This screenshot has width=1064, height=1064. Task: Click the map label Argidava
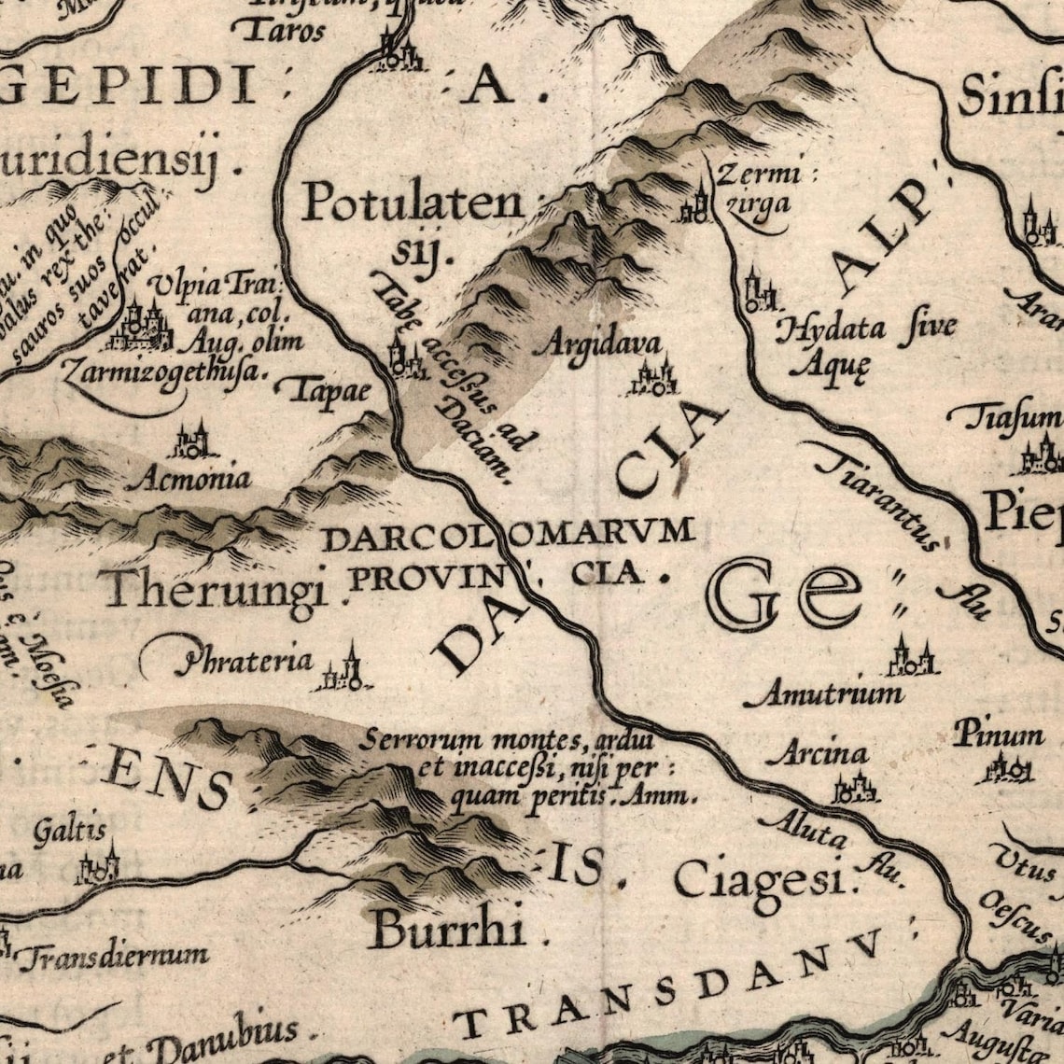[598, 343]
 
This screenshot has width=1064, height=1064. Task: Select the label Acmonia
[193, 479]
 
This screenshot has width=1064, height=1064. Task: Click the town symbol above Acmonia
[192, 441]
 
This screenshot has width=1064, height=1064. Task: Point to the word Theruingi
[217, 590]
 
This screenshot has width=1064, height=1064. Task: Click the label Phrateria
[246, 661]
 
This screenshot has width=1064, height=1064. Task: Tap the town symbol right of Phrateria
[343, 670]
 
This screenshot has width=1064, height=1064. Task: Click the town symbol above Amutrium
[911, 657]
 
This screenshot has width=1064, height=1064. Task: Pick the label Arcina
[822, 752]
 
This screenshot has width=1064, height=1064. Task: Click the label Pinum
[998, 735]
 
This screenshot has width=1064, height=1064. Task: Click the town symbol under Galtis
[99, 867]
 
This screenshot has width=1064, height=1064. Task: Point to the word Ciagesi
[759, 879]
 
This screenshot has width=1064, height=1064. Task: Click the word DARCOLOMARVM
[508, 536]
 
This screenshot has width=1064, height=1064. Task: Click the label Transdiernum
[114, 956]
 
